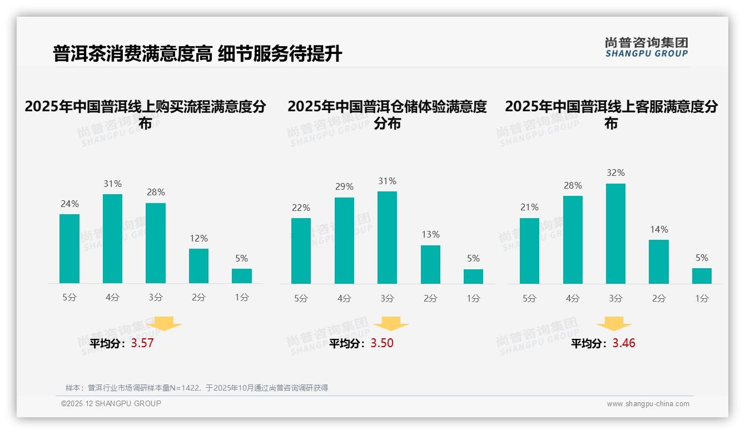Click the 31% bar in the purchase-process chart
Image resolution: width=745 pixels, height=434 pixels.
click(112, 239)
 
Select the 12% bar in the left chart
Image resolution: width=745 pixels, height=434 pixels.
click(198, 266)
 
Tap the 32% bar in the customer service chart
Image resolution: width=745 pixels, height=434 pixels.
click(615, 234)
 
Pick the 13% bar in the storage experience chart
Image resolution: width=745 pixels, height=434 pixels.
click(430, 264)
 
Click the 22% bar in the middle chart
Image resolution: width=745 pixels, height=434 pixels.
click(301, 251)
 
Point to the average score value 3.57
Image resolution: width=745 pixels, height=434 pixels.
click(142, 343)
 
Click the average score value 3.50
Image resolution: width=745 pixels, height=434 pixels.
click(382, 343)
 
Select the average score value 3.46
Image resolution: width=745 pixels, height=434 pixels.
click(624, 343)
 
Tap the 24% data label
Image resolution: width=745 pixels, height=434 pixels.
click(69, 204)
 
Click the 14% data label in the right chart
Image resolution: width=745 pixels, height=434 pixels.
click(659, 229)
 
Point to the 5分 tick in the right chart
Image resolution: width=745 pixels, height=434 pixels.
click(529, 299)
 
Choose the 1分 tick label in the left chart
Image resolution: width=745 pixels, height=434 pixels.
click(242, 298)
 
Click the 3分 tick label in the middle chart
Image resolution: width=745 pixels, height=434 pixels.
click(387, 299)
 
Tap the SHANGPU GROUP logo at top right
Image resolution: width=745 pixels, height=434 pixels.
click(647, 47)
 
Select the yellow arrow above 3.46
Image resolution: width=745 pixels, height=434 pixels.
click(614, 324)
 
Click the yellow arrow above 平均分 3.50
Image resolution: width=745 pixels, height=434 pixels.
click(391, 324)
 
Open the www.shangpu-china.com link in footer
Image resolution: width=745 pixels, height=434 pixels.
click(648, 404)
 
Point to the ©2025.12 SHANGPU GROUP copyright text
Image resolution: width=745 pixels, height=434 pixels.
click(111, 403)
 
